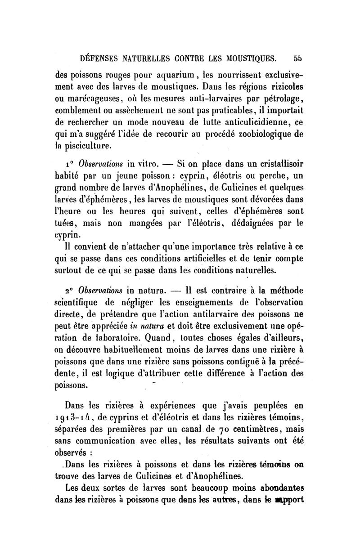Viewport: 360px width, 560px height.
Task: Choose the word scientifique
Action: click(81, 301)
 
